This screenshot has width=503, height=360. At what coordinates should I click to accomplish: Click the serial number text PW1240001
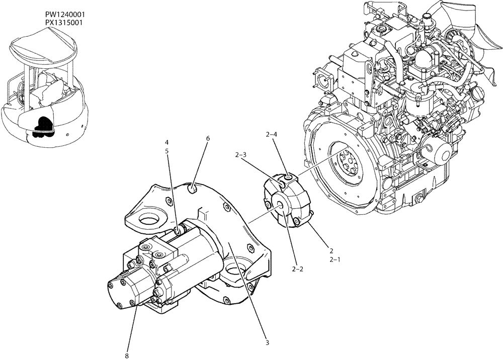point(63,16)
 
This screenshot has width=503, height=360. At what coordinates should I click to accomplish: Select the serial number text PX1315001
point(63,23)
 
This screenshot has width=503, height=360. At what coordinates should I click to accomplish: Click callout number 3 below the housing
point(268,343)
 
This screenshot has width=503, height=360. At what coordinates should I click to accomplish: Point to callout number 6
point(207,138)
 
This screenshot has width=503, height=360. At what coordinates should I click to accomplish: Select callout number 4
point(166,142)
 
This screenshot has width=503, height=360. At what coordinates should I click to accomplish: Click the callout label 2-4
point(271,134)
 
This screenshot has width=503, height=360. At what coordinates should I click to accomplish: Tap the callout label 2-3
point(240,155)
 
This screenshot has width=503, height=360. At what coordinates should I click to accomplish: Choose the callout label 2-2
point(297,269)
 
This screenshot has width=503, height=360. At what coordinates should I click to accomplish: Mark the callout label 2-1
point(334,260)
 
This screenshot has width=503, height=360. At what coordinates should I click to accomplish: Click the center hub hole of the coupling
point(280,204)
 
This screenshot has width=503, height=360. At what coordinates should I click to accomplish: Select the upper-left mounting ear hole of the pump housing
point(150,219)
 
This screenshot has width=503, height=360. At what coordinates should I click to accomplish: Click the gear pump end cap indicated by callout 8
point(122,292)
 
